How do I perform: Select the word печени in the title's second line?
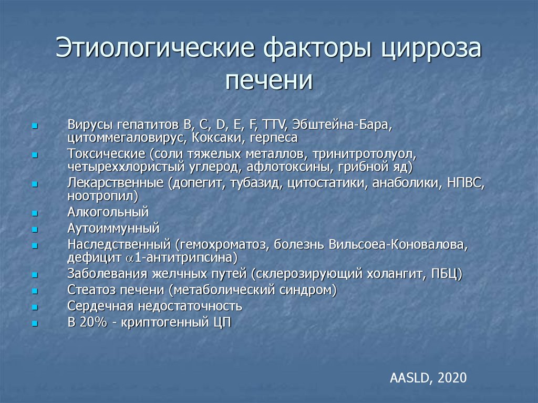(268, 81)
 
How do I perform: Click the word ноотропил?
(102, 197)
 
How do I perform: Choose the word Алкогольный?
(108, 212)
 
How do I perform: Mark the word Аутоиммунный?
(113, 229)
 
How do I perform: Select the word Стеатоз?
(88, 290)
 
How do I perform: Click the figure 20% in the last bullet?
(94, 322)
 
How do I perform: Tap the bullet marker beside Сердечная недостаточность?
(34, 307)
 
